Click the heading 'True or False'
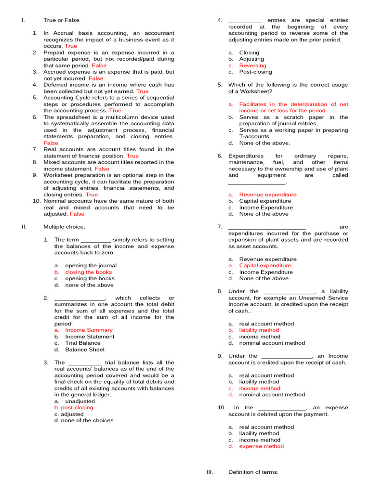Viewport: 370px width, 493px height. pyautogui.click(x=61, y=20)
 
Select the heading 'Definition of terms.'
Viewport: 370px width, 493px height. pyautogui.click(x=253, y=472)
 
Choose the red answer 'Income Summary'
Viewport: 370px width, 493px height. pyautogui.click(x=89, y=330)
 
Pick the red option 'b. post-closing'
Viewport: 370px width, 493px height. pyautogui.click(x=74, y=407)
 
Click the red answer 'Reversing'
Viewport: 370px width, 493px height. pyautogui.click(x=252, y=65)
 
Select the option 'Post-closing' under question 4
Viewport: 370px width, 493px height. pyautogui.click(x=255, y=72)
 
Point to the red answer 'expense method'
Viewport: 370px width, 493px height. pyautogui.click(x=261, y=446)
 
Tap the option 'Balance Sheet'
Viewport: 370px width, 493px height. pyautogui.click(x=85, y=350)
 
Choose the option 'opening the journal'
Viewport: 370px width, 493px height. pyautogui.click(x=91, y=266)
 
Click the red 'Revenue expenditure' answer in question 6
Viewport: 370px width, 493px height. pyautogui.click(x=268, y=195)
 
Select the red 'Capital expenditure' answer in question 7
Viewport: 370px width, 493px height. pyautogui.click(x=265, y=266)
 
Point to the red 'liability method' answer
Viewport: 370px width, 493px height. pyautogui.click(x=259, y=330)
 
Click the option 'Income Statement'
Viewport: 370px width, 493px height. pyautogui.click(x=90, y=337)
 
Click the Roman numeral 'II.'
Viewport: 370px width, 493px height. pyautogui.click(x=24, y=227)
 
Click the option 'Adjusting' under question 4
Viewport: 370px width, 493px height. pyautogui.click(x=251, y=59)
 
